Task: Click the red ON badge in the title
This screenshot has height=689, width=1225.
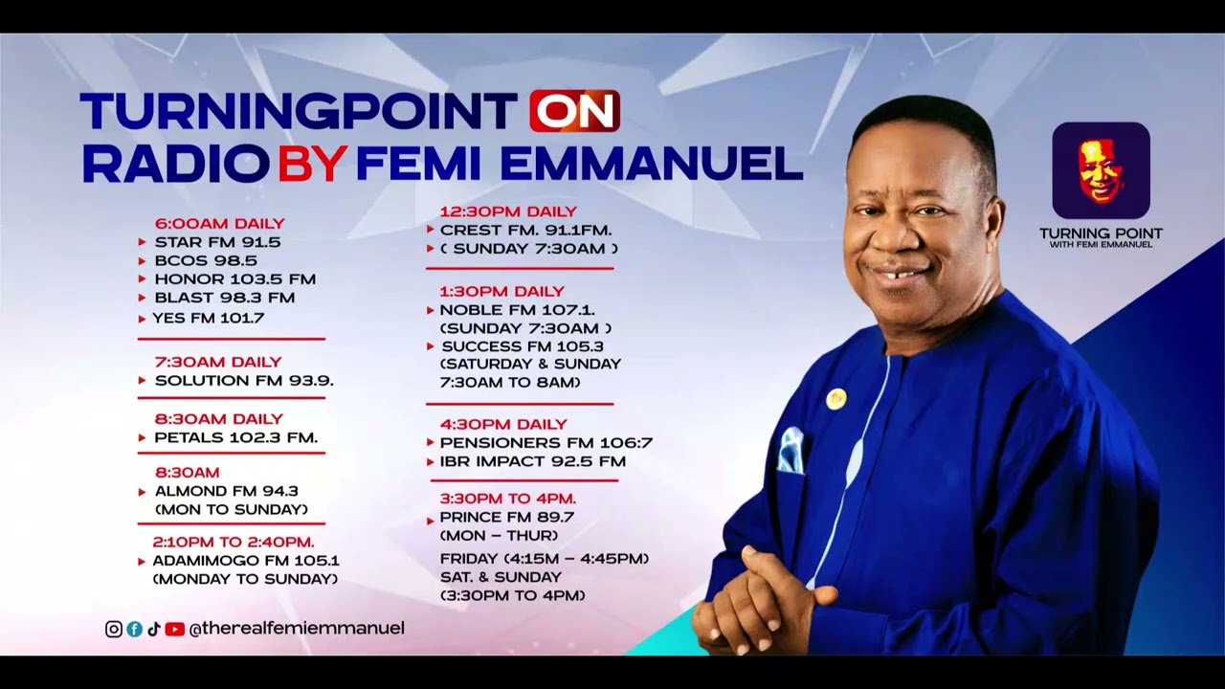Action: [x=574, y=112]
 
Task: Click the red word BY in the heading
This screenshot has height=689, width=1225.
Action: [x=311, y=165]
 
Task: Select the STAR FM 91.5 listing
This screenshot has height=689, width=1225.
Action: [x=217, y=242]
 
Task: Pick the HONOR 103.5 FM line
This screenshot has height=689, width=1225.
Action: [x=234, y=279]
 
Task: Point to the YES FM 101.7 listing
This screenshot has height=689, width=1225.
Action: [x=209, y=318]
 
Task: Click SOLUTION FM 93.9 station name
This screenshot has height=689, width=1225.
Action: [x=243, y=380]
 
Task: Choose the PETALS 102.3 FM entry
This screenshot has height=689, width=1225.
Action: [x=235, y=437]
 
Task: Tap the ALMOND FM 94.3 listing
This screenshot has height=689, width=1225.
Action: [x=226, y=491]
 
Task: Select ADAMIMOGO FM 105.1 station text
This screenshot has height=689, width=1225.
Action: [x=246, y=561]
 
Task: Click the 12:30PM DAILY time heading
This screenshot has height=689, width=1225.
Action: [x=508, y=211]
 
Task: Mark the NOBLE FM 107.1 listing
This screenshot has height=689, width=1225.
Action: [x=517, y=310]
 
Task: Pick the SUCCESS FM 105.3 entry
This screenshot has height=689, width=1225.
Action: [x=523, y=346]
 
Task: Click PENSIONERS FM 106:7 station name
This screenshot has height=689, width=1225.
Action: [x=546, y=443]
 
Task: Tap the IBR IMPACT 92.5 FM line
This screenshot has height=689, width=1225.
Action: [x=532, y=461]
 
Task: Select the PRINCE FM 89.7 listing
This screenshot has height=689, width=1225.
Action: [x=506, y=518]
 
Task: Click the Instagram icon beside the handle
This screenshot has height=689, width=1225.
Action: [x=114, y=629]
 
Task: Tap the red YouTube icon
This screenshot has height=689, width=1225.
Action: [x=174, y=629]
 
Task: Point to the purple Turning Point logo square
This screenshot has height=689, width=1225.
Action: [x=1101, y=170]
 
